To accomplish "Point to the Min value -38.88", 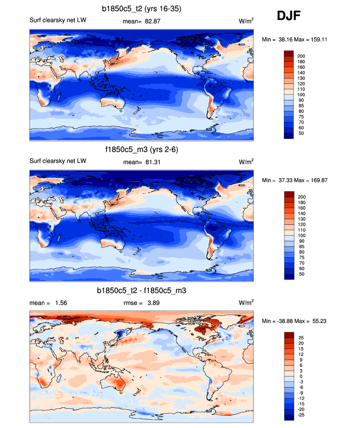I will (x=284, y=321).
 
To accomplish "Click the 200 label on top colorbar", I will (x=301, y=56).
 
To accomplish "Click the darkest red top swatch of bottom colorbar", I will (x=289, y=335).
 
